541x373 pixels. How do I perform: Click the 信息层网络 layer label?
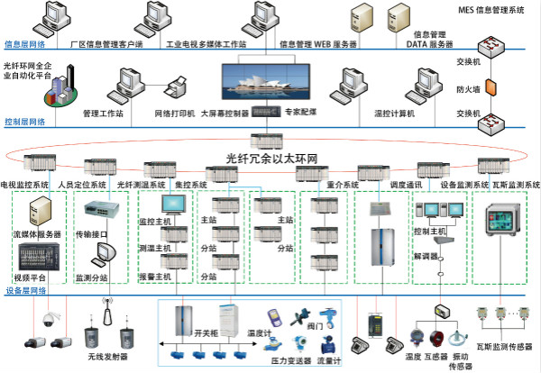pyautogui.click(x=26, y=43)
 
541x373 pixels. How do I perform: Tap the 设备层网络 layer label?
pyautogui.click(x=26, y=290)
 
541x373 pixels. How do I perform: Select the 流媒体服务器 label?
pyautogui.click(x=37, y=234)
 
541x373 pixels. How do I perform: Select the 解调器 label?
pyautogui.click(x=426, y=255)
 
